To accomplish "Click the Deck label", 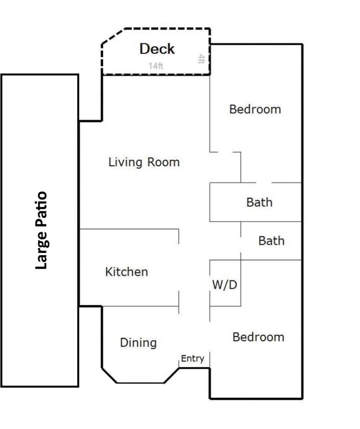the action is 157,49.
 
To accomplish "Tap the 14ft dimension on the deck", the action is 156,66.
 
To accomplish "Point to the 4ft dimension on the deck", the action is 201,59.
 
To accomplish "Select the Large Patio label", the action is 42,230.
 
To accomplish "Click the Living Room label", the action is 144,162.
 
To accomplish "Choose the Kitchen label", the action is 127,271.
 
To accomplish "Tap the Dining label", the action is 138,343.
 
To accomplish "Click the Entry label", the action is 192,358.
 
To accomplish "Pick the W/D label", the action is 225,285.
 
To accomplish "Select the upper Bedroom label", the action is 255,109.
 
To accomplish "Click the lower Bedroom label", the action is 258,337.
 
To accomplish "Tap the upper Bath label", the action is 259,202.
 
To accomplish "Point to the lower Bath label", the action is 272,241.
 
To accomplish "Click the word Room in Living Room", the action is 163,162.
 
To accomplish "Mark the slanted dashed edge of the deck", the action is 113,36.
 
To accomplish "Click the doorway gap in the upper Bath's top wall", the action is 264,183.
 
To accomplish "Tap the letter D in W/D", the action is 232,285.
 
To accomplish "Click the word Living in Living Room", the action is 126,162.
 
